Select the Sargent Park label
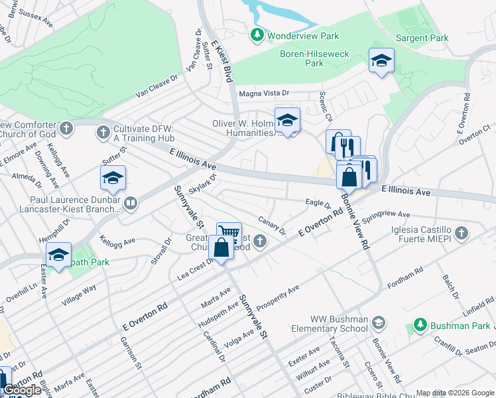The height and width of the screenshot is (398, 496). tap(421, 38)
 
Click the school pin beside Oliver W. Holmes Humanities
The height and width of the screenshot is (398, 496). tap(287, 121)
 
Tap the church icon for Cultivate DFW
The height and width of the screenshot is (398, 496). tap(102, 133)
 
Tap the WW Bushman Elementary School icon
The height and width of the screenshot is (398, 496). tap(378, 323)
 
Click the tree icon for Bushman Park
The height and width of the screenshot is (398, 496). tap(419, 325)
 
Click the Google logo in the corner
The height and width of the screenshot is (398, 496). tap(22, 390)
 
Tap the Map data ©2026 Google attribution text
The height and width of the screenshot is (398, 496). tap(454, 393)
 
